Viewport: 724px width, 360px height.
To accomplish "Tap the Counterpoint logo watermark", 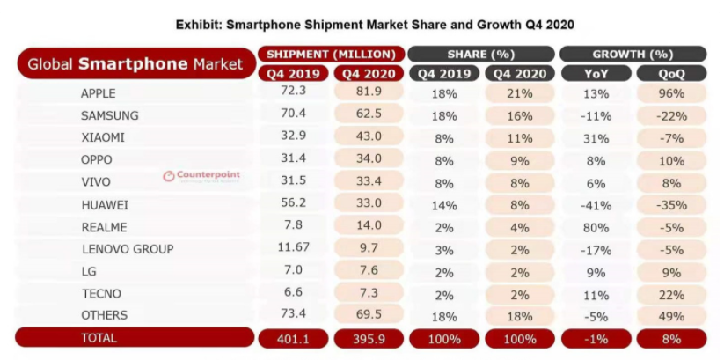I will (x=201, y=175).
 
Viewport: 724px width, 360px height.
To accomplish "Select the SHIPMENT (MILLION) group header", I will (x=332, y=54).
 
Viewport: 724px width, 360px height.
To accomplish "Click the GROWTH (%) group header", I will (x=633, y=54).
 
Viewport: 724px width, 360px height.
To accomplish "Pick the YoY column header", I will (x=595, y=73).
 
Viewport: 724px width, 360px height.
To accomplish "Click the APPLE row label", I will (x=98, y=92).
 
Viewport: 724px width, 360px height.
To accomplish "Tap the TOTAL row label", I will (x=98, y=337).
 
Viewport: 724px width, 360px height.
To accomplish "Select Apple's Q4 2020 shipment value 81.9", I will (x=369, y=92).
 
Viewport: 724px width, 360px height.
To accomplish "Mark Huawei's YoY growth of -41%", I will (x=595, y=204).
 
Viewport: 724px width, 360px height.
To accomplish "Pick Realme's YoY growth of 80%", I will (x=596, y=226).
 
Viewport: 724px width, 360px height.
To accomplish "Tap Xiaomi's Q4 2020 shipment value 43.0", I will (x=369, y=137).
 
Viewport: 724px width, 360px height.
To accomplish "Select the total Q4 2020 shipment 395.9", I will (x=369, y=338).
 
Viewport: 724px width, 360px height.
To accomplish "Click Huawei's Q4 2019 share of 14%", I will (x=443, y=204).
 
